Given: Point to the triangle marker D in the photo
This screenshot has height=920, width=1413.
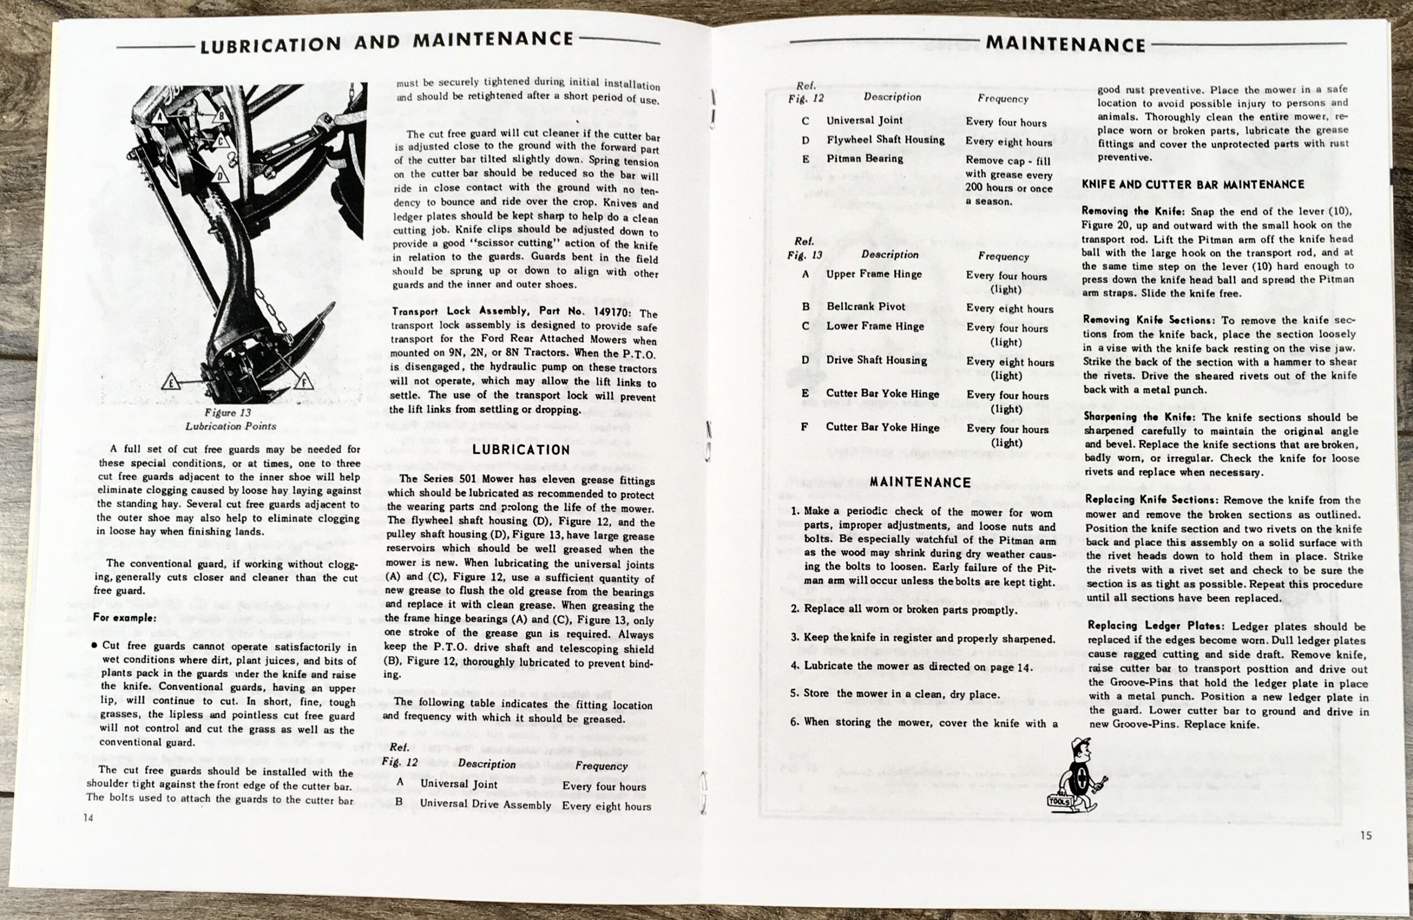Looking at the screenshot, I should [x=221, y=176].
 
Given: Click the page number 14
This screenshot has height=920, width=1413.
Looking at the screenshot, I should [x=88, y=818].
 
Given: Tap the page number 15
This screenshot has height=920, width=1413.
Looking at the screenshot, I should [x=1366, y=835].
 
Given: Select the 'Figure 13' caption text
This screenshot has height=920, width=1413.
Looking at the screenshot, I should [x=227, y=412].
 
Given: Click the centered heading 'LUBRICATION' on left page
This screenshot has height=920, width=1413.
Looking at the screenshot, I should [x=522, y=450].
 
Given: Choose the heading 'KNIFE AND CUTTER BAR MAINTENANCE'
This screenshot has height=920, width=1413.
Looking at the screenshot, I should [x=1193, y=184].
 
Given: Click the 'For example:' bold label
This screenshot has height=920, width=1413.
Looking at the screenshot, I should [x=125, y=618].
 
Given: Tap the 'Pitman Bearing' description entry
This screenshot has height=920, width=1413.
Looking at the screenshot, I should [x=864, y=158].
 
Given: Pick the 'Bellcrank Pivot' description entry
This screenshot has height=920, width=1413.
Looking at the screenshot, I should [x=865, y=306].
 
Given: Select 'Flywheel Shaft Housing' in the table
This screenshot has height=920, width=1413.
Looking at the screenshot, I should [x=885, y=140].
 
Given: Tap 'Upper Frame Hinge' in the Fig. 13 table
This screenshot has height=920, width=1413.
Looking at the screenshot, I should [x=874, y=274].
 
